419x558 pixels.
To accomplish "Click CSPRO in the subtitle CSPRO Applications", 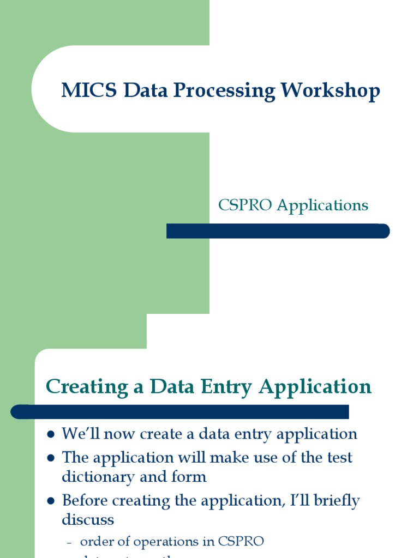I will (245, 205).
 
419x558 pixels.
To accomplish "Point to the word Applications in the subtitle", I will (322, 205).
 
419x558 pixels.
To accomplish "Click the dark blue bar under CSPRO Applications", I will (278, 231).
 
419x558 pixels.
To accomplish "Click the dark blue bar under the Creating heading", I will (179, 411).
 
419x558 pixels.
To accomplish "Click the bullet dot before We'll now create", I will (51, 435).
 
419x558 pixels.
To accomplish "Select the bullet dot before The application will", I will (51, 458).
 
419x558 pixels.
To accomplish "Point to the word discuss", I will (88, 519).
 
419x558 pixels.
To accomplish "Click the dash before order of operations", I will (69, 542).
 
